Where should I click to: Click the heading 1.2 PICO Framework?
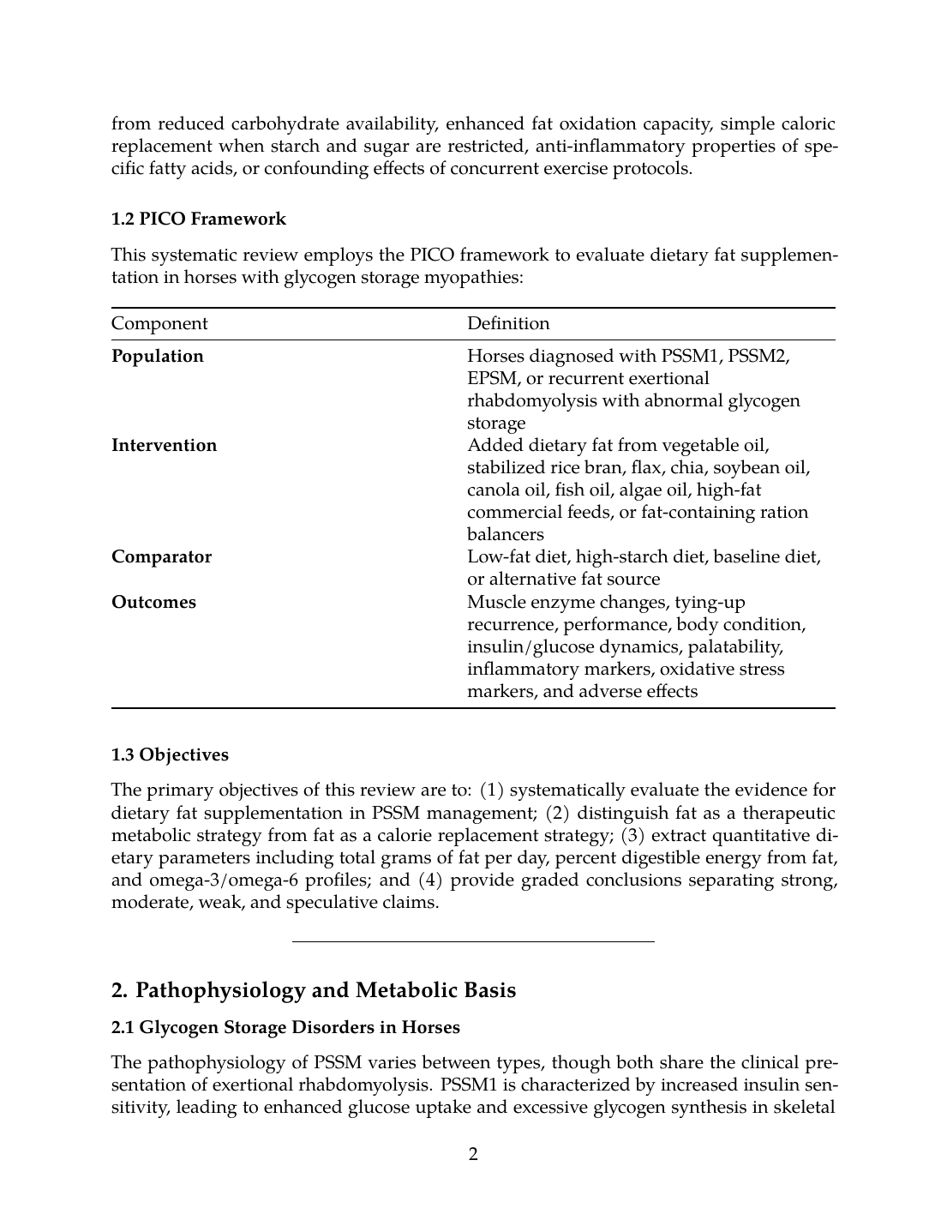pos(199,219)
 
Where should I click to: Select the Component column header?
pos(159,323)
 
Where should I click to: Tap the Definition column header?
pos(508,323)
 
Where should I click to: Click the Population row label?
pos(158,356)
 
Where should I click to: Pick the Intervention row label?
pos(164,445)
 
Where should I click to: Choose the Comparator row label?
pos(161,556)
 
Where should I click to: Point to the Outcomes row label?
pos(153,602)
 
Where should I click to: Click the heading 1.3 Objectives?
pos(170,755)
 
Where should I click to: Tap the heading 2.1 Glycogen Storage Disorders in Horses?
pos(285,1027)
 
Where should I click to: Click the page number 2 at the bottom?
pos(473,1154)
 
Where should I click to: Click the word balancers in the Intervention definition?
pos(505,534)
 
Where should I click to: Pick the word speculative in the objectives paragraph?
pos(330,902)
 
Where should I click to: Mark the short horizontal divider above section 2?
pos(473,941)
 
